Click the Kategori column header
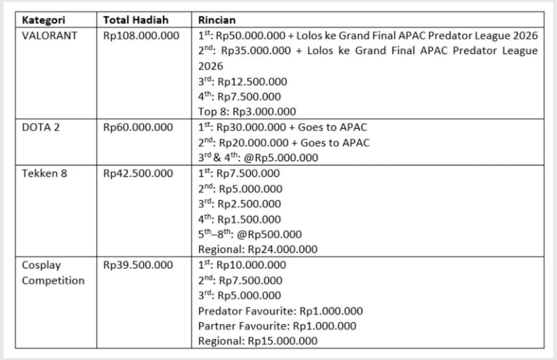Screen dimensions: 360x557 click(44, 20)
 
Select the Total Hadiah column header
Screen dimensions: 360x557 click(136, 20)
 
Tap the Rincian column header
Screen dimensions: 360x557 click(217, 20)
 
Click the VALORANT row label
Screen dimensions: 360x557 click(49, 36)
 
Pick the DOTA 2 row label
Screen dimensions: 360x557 click(41, 127)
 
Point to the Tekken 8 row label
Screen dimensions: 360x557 click(45, 173)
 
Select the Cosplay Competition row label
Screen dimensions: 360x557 click(53, 273)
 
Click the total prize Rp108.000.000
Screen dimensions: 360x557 click(141, 36)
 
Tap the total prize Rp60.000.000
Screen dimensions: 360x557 click(138, 127)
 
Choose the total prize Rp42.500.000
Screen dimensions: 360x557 click(138, 173)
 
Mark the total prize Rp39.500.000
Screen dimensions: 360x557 click(138, 265)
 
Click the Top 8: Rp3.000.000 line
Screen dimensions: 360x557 click(247, 112)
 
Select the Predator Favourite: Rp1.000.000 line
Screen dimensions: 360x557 click(280, 311)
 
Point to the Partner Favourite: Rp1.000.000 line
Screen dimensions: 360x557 click(277, 326)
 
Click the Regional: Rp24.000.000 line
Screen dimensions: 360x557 click(257, 249)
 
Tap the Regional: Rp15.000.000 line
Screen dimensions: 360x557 click(257, 341)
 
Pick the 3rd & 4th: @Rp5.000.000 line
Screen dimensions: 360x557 click(258, 158)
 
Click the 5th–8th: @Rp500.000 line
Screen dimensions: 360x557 click(250, 234)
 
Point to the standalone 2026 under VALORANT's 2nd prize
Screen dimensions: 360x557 click(210, 66)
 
